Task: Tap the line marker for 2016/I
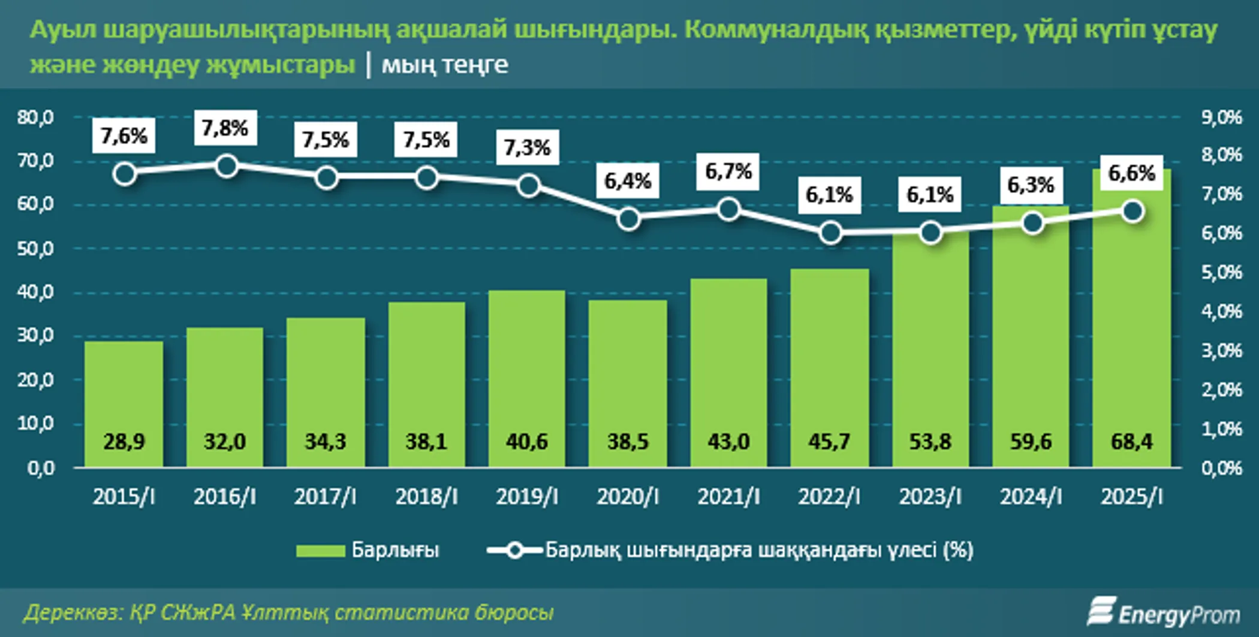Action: (x=226, y=166)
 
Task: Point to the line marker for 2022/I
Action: (x=830, y=233)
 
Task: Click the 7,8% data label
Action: (x=225, y=128)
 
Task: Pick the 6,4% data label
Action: (x=628, y=180)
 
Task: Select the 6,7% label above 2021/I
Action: (x=728, y=171)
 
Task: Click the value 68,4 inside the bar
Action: (x=1131, y=442)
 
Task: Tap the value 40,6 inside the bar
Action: (x=526, y=442)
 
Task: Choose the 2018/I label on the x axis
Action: (x=426, y=497)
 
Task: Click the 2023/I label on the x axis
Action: (x=930, y=497)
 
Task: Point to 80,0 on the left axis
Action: (x=35, y=117)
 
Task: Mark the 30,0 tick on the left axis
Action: (x=35, y=336)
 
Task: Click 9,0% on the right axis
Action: (x=1221, y=117)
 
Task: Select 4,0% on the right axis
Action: (x=1221, y=312)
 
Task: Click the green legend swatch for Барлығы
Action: (x=320, y=550)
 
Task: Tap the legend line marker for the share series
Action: (x=514, y=550)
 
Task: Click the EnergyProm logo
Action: (x=1163, y=612)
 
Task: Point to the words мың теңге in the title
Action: (x=445, y=65)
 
